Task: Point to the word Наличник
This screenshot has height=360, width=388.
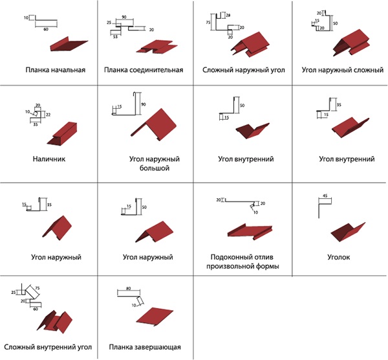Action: click(48, 157)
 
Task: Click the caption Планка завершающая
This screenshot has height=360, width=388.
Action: click(145, 347)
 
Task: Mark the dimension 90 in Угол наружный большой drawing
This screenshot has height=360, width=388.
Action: click(143, 104)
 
